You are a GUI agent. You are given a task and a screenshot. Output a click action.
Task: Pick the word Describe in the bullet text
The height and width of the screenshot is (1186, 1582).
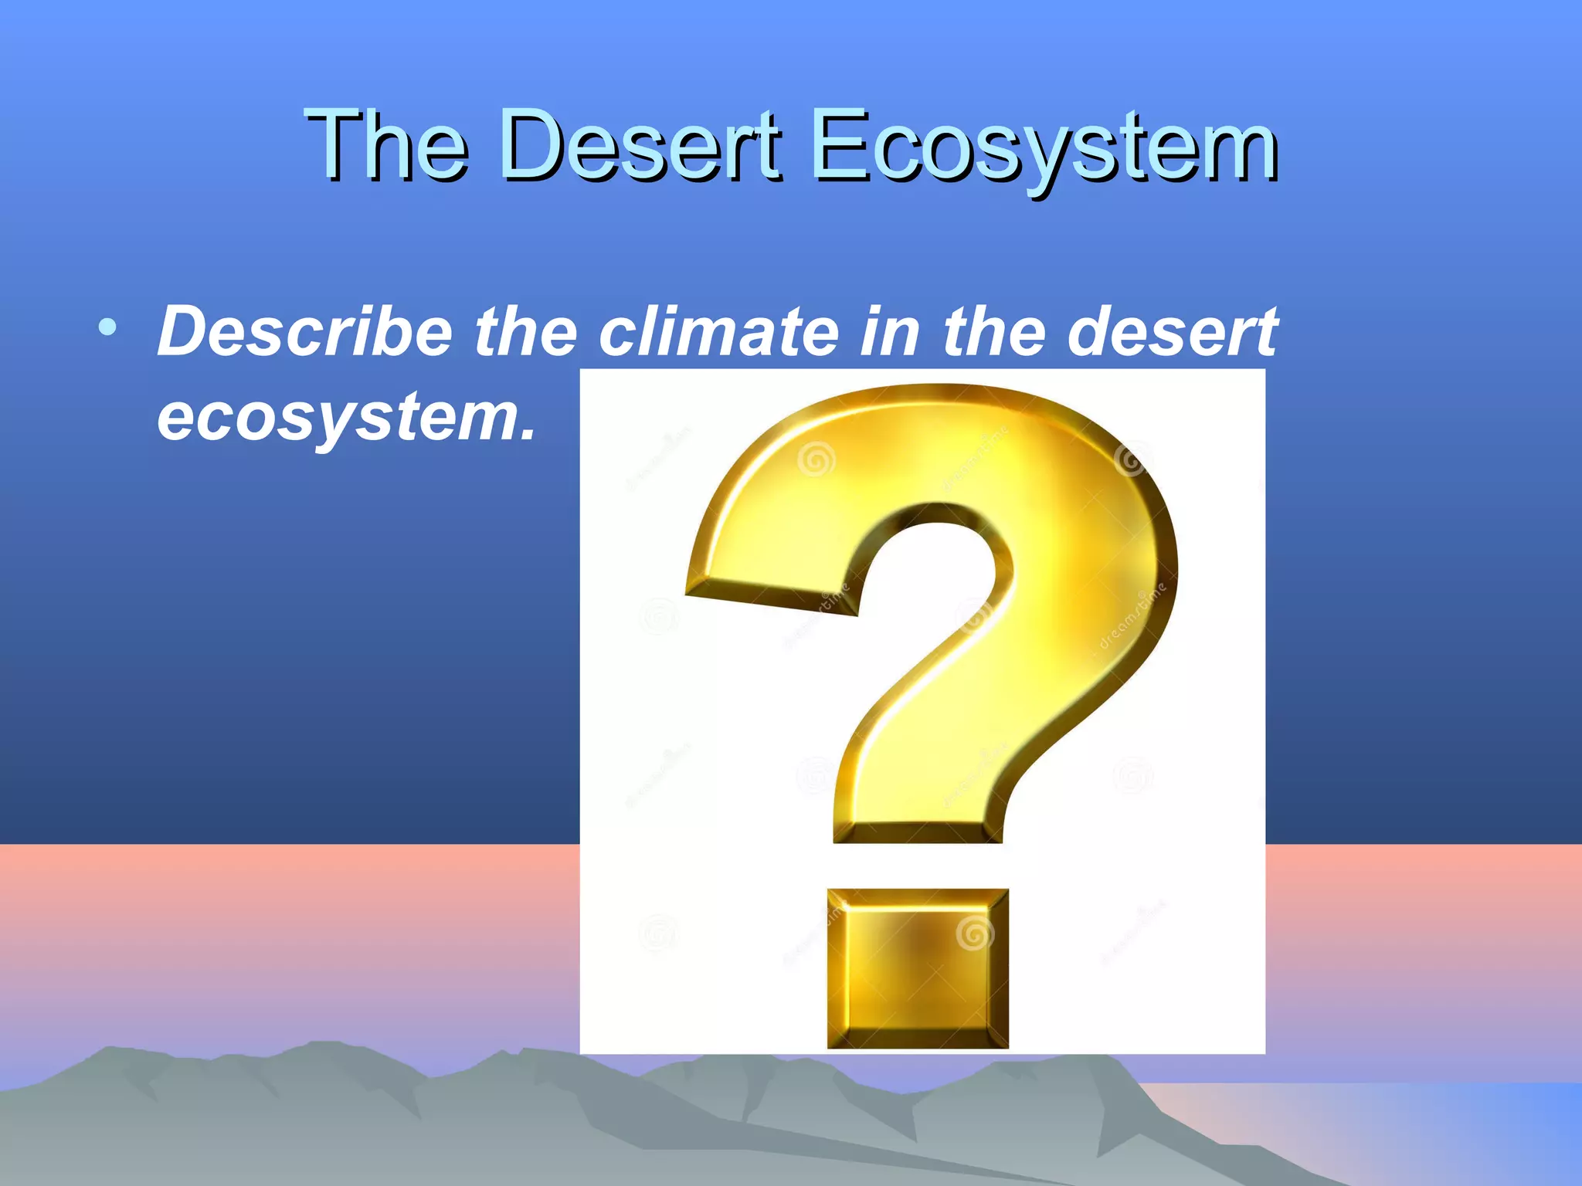[x=305, y=332]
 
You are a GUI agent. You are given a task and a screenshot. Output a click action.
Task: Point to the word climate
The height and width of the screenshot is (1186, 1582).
[x=718, y=332]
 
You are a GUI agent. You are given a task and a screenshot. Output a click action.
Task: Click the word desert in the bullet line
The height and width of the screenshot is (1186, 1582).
[x=1172, y=332]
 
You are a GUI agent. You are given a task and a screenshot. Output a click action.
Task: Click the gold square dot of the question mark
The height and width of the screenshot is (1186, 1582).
[x=918, y=968]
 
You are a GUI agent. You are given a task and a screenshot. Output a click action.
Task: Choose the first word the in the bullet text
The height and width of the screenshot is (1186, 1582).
[x=525, y=332]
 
